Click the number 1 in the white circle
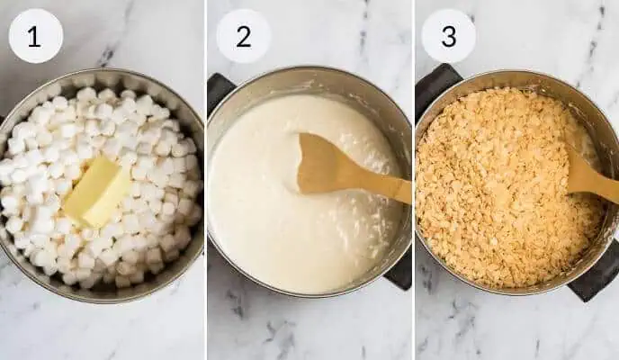tap(35, 36)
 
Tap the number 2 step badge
tap(243, 36)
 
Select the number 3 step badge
tap(448, 36)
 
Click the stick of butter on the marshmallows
tap(96, 191)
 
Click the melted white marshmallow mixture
tap(270, 216)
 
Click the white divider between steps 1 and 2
tap(206, 180)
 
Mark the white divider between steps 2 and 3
tap(413, 180)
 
